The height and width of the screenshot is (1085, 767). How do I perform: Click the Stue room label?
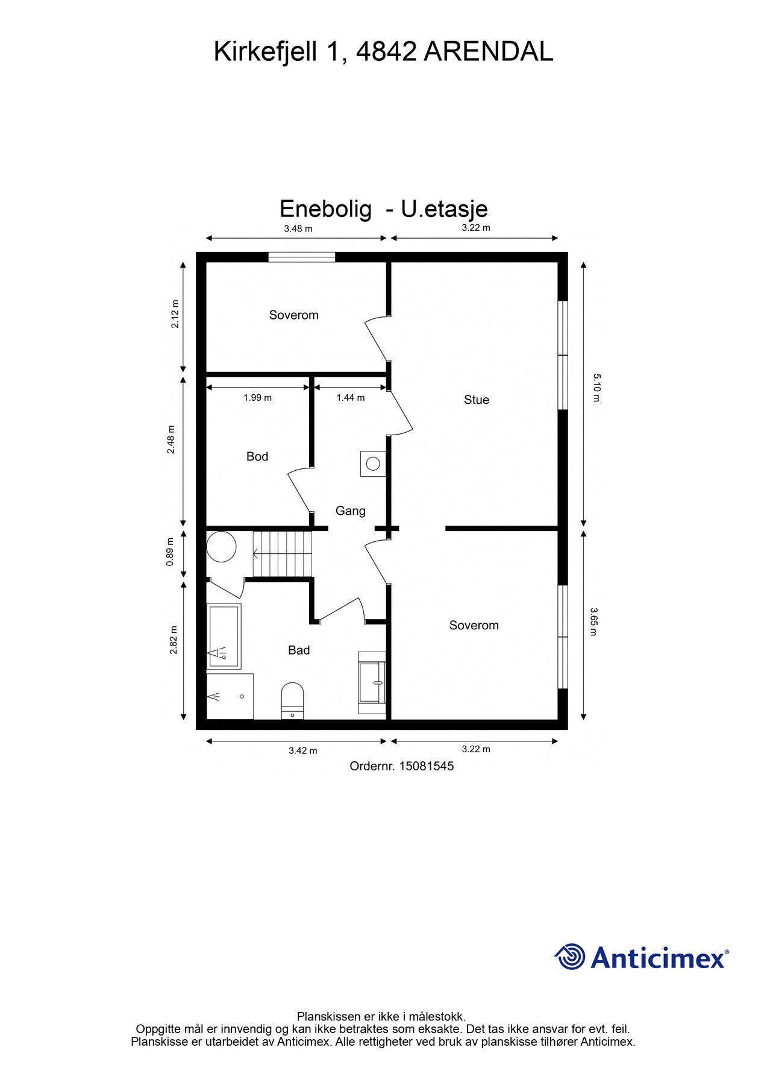pyautogui.click(x=476, y=400)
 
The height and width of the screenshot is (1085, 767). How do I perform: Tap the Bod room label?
pyautogui.click(x=257, y=456)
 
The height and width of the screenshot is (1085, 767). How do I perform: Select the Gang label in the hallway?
pyautogui.click(x=351, y=511)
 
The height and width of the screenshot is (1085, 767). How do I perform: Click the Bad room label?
pyautogui.click(x=299, y=650)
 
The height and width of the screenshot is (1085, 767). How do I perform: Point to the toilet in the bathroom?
pyautogui.click(x=293, y=700)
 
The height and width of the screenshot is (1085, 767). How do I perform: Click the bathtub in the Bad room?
pyautogui.click(x=224, y=637)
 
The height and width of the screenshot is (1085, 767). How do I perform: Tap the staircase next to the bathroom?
pyautogui.click(x=282, y=553)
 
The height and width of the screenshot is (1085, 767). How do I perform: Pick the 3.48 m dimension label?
pyautogui.click(x=298, y=228)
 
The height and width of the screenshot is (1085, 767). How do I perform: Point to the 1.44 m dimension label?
pyautogui.click(x=351, y=398)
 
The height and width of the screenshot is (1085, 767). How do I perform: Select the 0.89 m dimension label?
pyautogui.click(x=170, y=552)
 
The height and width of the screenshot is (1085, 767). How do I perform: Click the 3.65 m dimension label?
pyautogui.click(x=593, y=621)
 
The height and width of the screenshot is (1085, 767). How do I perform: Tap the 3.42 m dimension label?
pyautogui.click(x=302, y=750)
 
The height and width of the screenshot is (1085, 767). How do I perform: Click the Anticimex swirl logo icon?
pyautogui.click(x=570, y=957)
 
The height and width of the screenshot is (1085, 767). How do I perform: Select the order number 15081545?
pyautogui.click(x=427, y=766)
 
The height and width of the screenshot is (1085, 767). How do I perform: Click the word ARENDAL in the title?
pyautogui.click(x=489, y=52)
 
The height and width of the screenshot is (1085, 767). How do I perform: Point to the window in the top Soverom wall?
pyautogui.click(x=302, y=257)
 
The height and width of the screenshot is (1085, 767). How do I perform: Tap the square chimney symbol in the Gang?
pyautogui.click(x=373, y=464)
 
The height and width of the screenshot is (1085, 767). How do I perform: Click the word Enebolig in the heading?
pyautogui.click(x=325, y=209)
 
